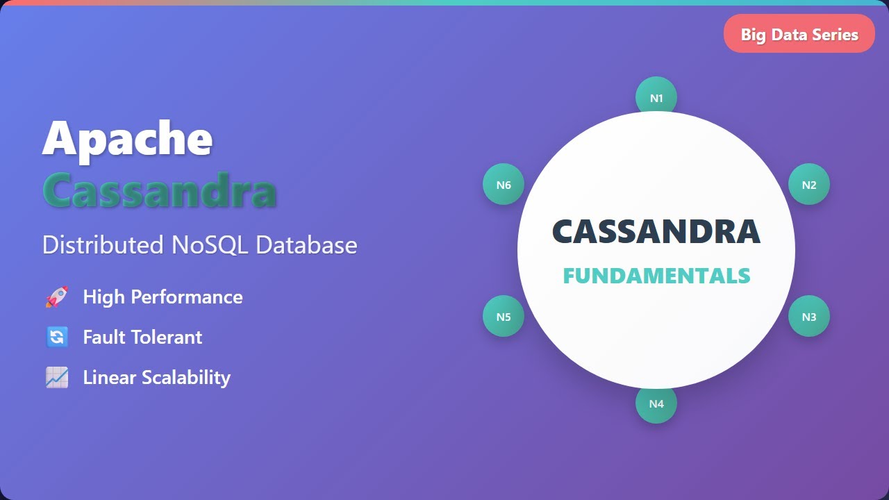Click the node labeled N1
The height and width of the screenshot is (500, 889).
[656, 97]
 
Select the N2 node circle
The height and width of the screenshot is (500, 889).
[809, 185]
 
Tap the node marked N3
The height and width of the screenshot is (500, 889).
[809, 317]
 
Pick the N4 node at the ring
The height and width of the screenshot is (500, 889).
[656, 403]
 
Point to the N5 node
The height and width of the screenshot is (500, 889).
[504, 317]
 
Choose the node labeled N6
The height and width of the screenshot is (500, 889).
[504, 185]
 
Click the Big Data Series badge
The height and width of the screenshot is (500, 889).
[799, 34]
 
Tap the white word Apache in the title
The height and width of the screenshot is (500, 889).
[127, 138]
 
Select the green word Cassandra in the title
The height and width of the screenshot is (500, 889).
[160, 189]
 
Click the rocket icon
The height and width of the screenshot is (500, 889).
[57, 297]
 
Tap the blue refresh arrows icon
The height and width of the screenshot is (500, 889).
[57, 337]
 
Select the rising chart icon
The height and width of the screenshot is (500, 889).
[57, 378]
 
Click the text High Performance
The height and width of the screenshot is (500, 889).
[163, 297]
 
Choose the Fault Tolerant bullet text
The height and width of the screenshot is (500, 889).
[142, 337]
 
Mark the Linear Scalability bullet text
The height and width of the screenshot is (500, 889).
[156, 378]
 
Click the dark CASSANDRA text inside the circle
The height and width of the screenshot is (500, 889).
[656, 232]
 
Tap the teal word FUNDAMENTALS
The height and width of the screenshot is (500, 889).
[656, 276]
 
